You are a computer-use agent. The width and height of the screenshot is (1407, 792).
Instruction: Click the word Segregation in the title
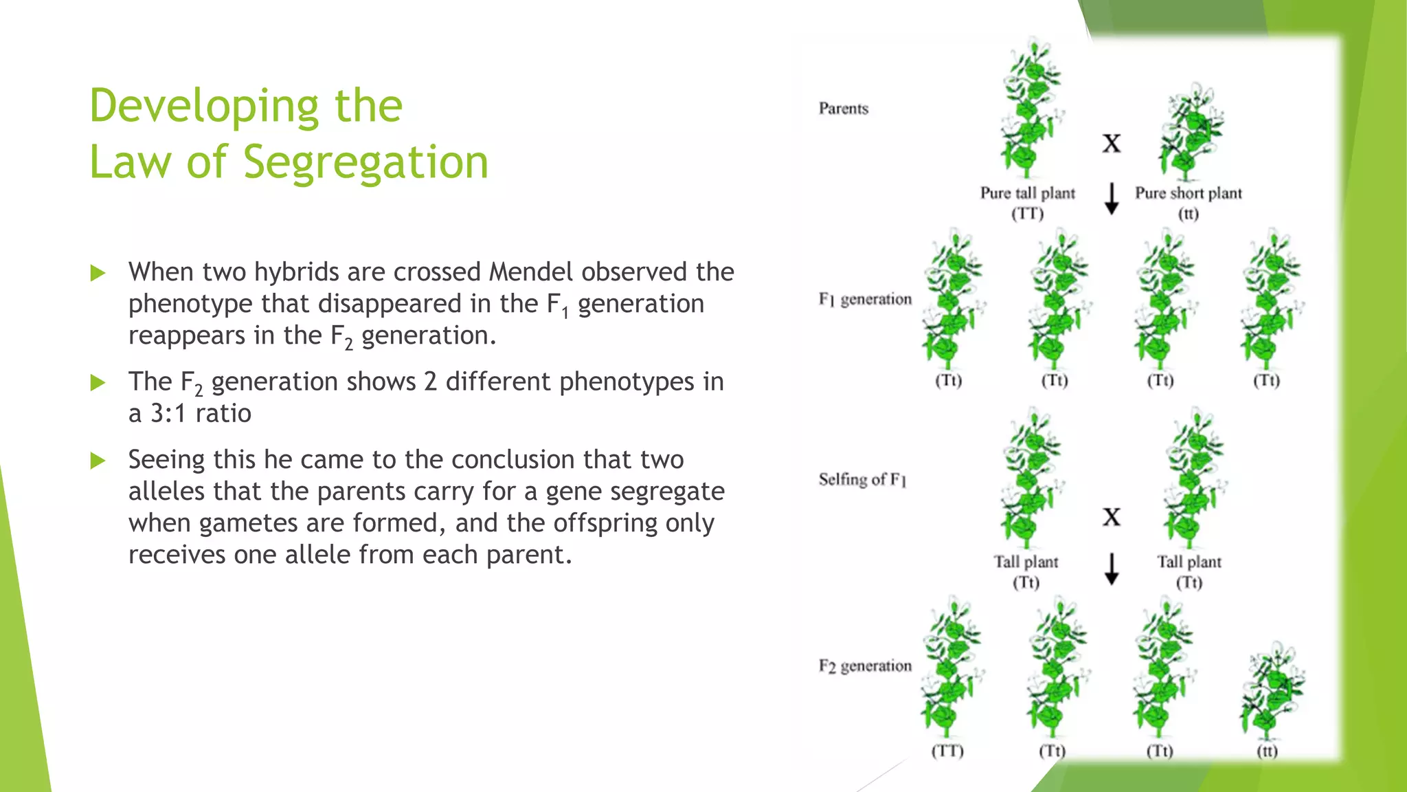[365, 163]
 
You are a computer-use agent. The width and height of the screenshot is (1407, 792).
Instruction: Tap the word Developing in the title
[204, 107]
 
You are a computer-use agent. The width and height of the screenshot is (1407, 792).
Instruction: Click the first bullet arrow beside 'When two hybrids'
[98, 273]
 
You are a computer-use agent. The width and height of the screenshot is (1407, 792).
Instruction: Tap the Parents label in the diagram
[843, 109]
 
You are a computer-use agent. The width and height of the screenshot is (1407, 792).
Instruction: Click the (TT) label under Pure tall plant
[1027, 214]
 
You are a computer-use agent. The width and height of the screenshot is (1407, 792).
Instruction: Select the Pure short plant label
[1188, 193]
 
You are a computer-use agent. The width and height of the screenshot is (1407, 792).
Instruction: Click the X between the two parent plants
[1112, 144]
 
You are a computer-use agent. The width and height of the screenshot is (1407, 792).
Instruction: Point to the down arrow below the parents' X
[1112, 199]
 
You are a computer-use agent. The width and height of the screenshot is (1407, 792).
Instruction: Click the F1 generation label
[864, 299]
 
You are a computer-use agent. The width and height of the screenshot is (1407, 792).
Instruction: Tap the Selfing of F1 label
[862, 479]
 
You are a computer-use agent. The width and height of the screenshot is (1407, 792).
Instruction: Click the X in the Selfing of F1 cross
[1112, 517]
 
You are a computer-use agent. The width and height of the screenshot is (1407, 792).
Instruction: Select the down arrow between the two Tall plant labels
[1112, 569]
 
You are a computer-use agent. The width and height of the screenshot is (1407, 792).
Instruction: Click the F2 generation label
[864, 665]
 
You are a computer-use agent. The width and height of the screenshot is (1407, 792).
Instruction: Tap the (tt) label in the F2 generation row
[1267, 751]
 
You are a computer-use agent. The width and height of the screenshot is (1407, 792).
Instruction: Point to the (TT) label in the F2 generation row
[947, 751]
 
